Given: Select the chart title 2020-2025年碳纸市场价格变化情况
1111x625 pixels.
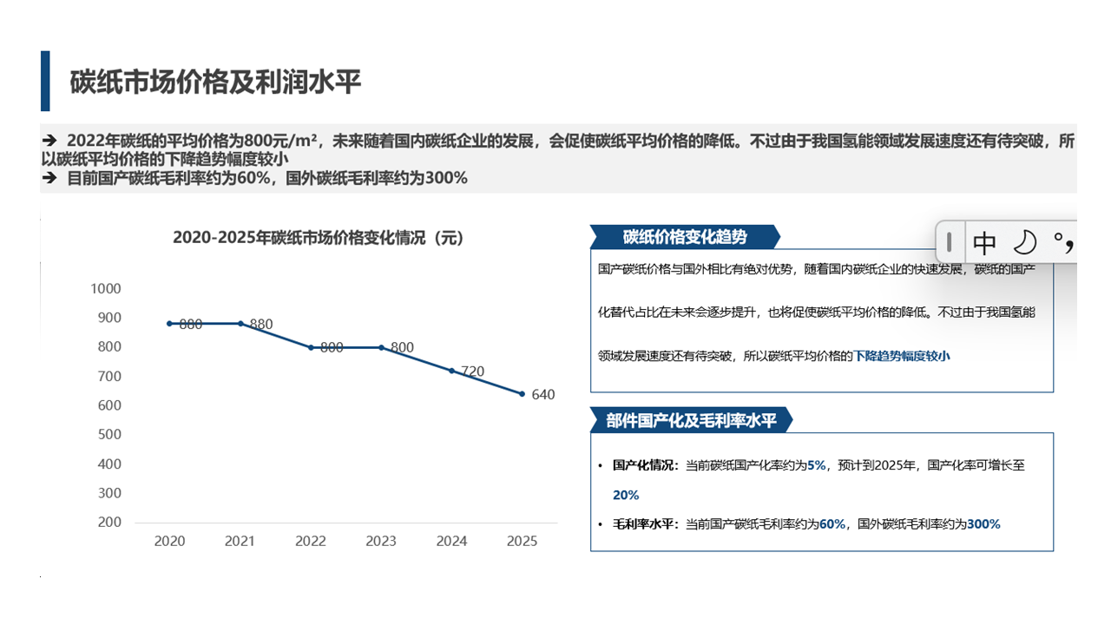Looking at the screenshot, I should [x=319, y=237].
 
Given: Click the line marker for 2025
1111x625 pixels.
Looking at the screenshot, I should [x=522, y=393].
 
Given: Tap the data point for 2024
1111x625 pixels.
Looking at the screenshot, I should [x=451, y=371].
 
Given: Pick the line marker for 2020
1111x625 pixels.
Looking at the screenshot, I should [x=169, y=324].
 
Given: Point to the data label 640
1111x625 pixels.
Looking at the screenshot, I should [x=542, y=395].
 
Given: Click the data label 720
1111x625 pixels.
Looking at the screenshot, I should [x=472, y=372].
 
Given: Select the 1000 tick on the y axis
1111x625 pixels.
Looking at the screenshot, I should [x=106, y=288].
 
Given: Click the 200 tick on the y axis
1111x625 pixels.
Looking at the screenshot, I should [x=109, y=522].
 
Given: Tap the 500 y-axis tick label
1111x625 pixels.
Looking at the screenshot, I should [x=109, y=434].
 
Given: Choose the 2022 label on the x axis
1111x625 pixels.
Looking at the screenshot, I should [x=311, y=541].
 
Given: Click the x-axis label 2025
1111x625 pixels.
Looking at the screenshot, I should [x=522, y=541].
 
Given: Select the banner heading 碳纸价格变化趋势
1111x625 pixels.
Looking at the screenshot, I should [x=684, y=237].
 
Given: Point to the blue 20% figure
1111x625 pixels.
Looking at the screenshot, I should [x=626, y=495].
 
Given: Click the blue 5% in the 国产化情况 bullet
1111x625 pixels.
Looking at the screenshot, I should [x=816, y=465].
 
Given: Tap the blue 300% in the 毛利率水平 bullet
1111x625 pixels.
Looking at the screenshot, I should [x=983, y=524].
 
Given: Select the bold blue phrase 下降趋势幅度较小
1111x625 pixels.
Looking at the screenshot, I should [x=902, y=356].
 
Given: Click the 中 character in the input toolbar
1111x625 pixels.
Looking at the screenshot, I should [x=984, y=241].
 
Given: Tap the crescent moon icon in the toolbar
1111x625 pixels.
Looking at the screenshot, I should [x=1025, y=241].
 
